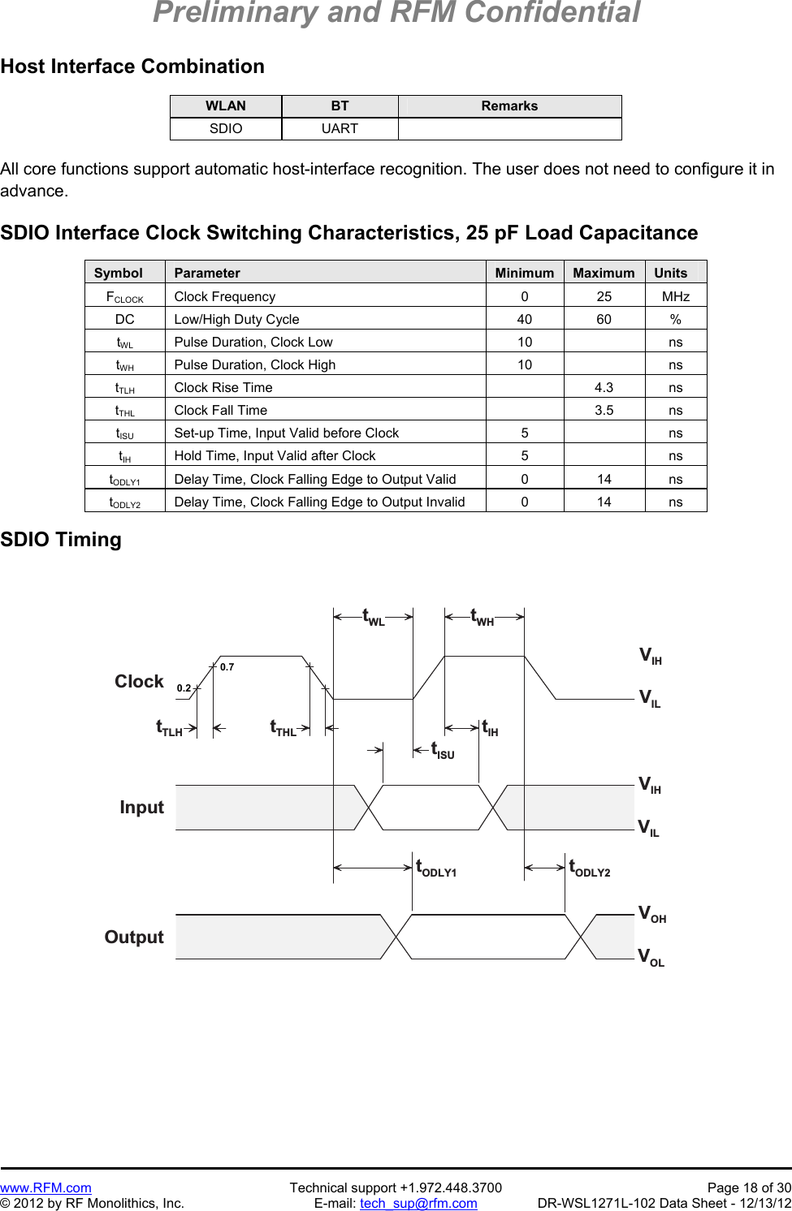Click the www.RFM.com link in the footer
(45, 1187)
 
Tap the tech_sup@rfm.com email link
(418, 1203)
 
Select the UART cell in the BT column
(340, 128)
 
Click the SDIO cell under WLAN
(226, 128)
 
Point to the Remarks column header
(509, 106)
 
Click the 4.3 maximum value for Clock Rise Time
(604, 387)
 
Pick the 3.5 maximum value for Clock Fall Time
(604, 410)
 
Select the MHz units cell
(675, 296)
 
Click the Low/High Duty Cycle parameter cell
(236, 319)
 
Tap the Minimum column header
(524, 273)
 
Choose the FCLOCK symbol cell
(124, 297)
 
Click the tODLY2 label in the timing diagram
(589, 868)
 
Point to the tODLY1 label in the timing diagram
(436, 868)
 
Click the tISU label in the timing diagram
(442, 750)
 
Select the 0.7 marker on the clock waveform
(227, 667)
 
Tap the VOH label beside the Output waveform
(651, 914)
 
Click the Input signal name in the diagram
(141, 807)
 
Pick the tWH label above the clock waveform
(483, 618)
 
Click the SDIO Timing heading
(61, 540)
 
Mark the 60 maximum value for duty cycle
(604, 319)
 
